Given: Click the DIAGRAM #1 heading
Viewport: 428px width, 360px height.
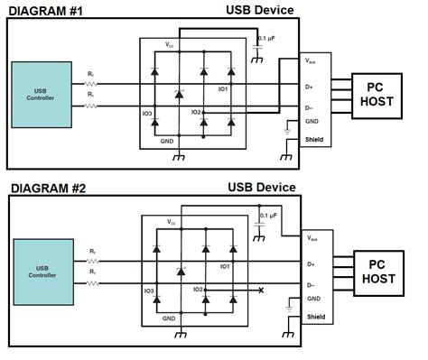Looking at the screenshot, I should [46, 9].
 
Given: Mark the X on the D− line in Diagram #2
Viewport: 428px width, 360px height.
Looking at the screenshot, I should [261, 291].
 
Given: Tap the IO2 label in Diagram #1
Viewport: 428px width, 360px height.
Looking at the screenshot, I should [196, 113].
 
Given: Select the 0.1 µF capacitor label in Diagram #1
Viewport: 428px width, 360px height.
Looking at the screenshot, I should [268, 39].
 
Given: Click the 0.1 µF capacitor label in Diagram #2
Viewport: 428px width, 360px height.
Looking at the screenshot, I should [268, 217].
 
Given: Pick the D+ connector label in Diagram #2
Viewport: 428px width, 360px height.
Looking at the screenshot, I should [311, 265].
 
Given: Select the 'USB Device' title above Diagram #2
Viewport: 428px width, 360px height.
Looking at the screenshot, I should [261, 188].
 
